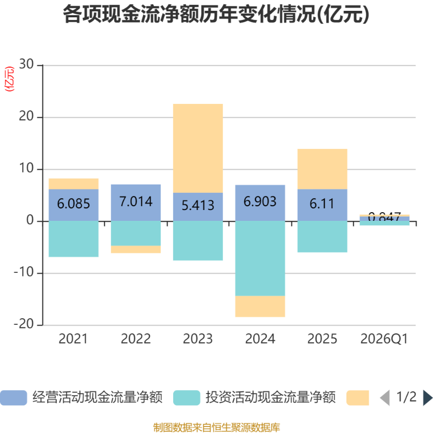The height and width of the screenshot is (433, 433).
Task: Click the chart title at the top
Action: click(x=216, y=15)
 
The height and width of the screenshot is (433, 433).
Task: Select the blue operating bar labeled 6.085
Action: click(x=74, y=205)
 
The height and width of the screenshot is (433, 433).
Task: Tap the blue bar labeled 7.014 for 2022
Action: click(x=136, y=202)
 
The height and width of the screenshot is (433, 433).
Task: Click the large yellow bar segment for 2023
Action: click(x=198, y=147)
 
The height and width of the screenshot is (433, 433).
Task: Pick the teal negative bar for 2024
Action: click(x=260, y=258)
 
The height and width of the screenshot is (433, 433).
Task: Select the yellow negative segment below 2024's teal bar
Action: click(x=260, y=307)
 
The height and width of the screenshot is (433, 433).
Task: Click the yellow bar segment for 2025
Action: click(x=322, y=168)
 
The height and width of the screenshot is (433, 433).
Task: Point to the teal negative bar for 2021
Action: click(x=74, y=239)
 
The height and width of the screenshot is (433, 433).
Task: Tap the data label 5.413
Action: click(x=198, y=206)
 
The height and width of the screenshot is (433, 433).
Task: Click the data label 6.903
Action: click(x=260, y=202)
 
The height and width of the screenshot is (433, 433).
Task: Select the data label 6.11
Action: click(x=322, y=204)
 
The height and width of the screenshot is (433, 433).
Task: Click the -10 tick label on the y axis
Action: click(x=24, y=273)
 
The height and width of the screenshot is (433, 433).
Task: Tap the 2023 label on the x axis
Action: click(x=198, y=339)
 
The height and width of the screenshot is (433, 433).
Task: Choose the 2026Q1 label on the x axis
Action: click(x=384, y=339)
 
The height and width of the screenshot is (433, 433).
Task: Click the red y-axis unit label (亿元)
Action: click(x=9, y=79)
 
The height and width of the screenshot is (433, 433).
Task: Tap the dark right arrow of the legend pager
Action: click(x=428, y=398)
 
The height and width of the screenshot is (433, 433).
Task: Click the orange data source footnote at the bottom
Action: click(x=216, y=428)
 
